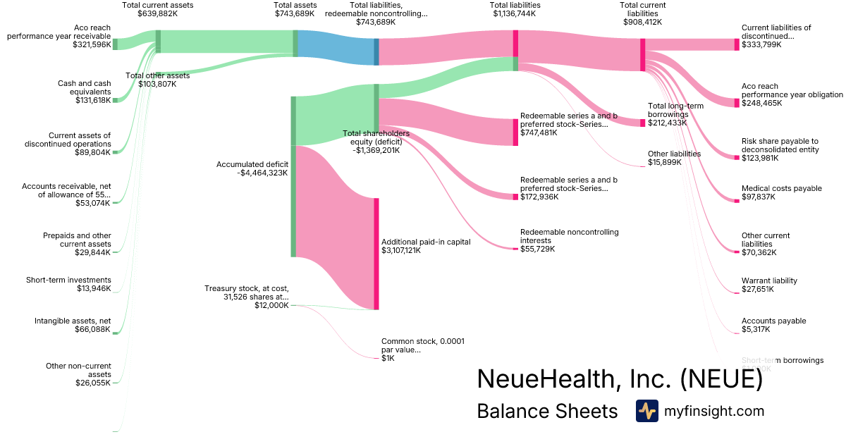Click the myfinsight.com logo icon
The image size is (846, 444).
click(x=647, y=411)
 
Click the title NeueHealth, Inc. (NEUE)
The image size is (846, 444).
click(x=620, y=378)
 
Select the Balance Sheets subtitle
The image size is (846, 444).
click(x=547, y=411)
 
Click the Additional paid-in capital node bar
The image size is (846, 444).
click(x=376, y=254)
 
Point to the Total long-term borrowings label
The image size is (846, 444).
click(x=675, y=110)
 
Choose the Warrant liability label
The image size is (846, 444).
click(x=769, y=280)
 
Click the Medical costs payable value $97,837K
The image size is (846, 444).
click(x=758, y=197)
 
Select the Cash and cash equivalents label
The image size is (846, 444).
click(x=84, y=87)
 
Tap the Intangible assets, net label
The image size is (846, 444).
click(x=73, y=321)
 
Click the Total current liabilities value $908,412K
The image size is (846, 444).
click(x=642, y=22)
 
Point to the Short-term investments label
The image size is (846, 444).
click(x=68, y=280)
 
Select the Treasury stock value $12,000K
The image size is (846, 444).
click(x=271, y=305)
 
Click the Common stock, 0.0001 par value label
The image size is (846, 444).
click(x=422, y=345)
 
